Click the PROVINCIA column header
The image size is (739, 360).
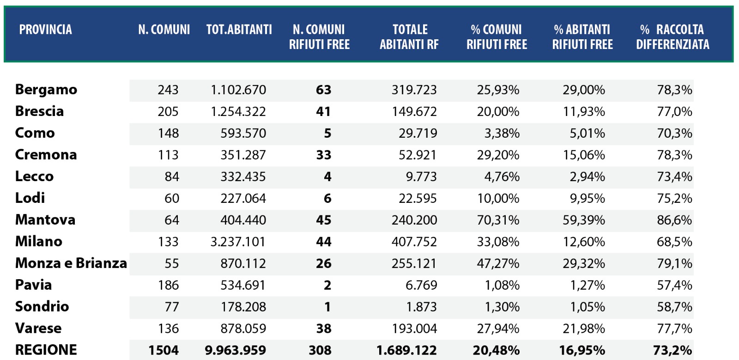click(45, 30)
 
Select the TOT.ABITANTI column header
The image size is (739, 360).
click(239, 30)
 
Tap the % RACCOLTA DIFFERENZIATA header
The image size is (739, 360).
click(672, 37)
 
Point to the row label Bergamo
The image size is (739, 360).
click(46, 90)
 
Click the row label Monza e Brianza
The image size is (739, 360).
click(71, 263)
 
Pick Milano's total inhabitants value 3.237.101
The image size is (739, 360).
click(238, 242)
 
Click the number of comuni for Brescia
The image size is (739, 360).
click(168, 111)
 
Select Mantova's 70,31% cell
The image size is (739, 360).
click(498, 220)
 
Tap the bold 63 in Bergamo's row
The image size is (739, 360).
click(323, 90)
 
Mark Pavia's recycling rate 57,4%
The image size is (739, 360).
click(674, 285)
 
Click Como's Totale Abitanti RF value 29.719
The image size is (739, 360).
click(418, 133)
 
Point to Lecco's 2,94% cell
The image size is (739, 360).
click(587, 177)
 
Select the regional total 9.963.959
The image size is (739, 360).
click(236, 350)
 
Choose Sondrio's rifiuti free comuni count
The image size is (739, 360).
click(327, 307)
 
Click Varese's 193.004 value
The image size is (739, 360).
click(414, 329)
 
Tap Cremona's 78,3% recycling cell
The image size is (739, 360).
click(674, 155)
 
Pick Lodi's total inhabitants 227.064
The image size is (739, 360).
click(243, 198)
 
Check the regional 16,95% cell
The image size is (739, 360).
click(582, 350)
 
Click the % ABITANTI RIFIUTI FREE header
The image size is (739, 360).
click(582, 37)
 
